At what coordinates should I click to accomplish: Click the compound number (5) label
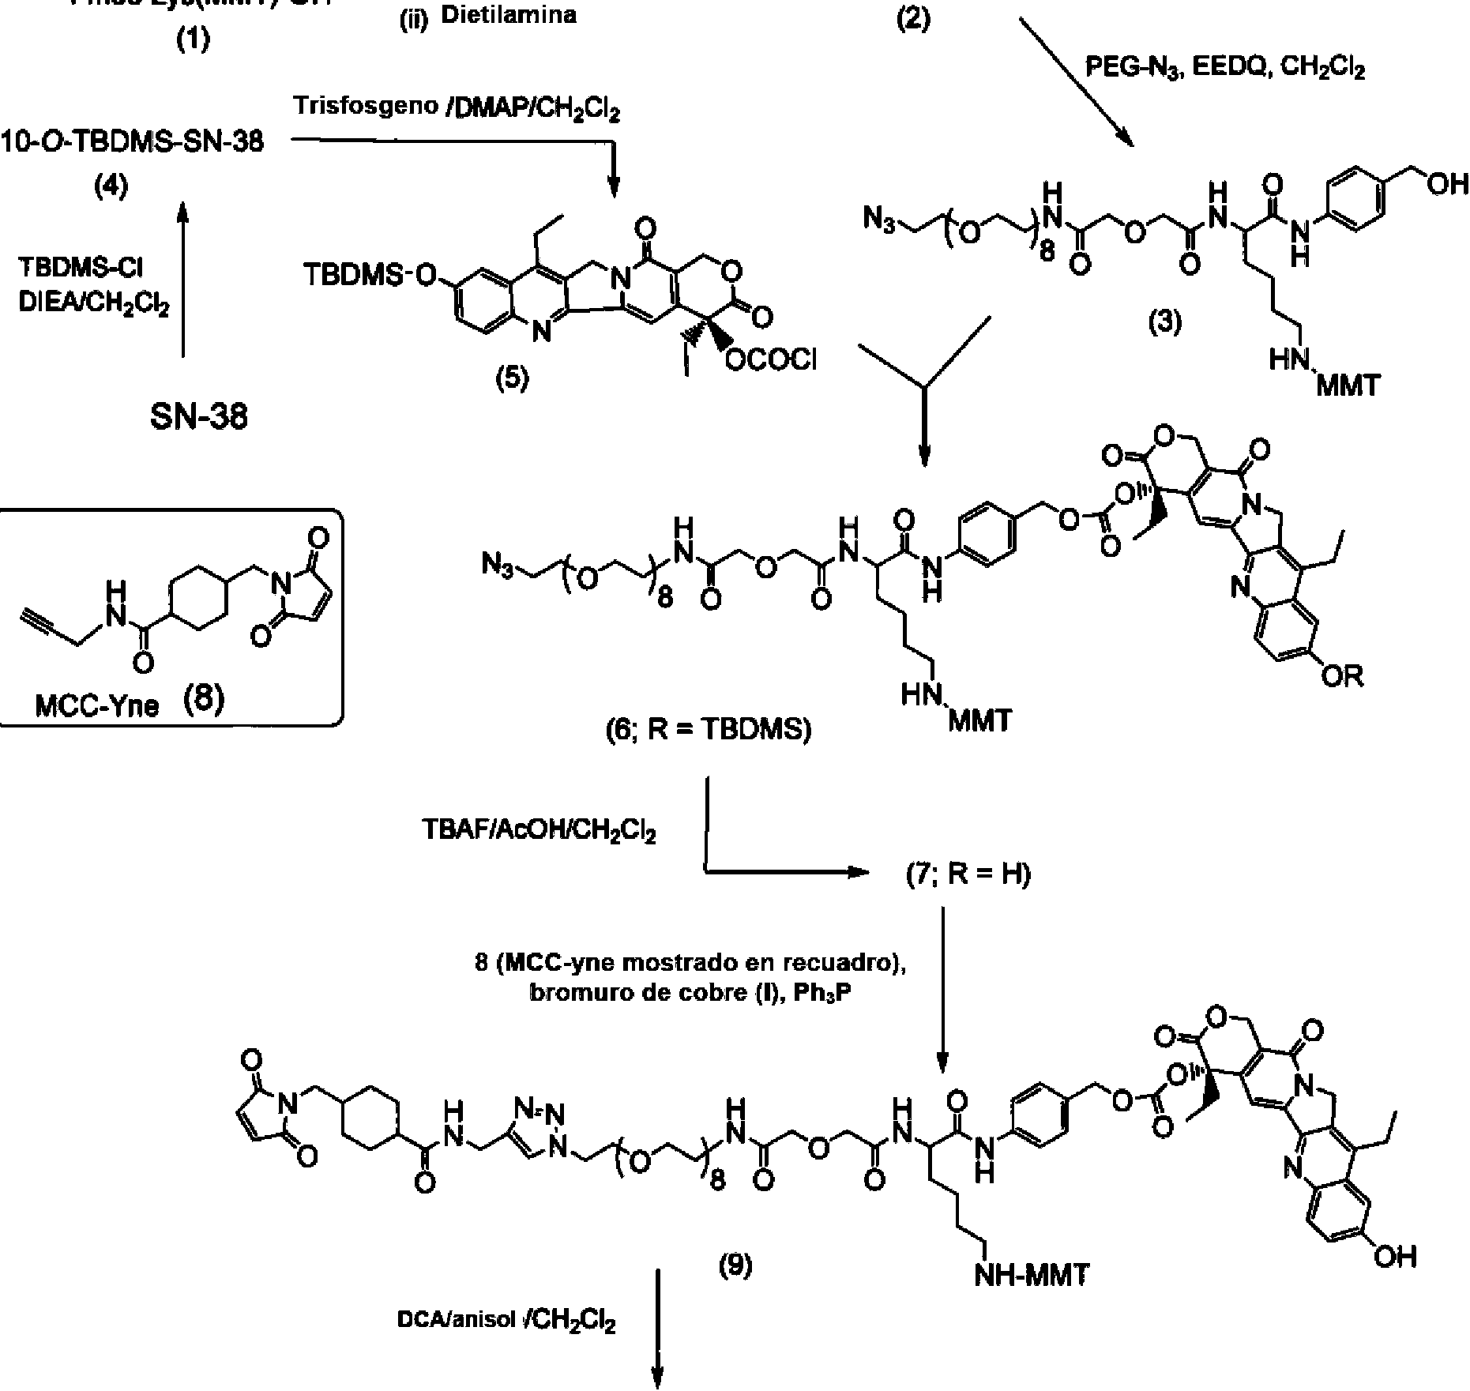point(512,379)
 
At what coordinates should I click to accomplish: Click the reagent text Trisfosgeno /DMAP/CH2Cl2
point(457,107)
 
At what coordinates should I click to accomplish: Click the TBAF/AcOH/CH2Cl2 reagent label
point(539,832)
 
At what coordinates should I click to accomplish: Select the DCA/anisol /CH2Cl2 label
point(506,1321)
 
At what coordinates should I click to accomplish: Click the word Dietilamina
point(508,16)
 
